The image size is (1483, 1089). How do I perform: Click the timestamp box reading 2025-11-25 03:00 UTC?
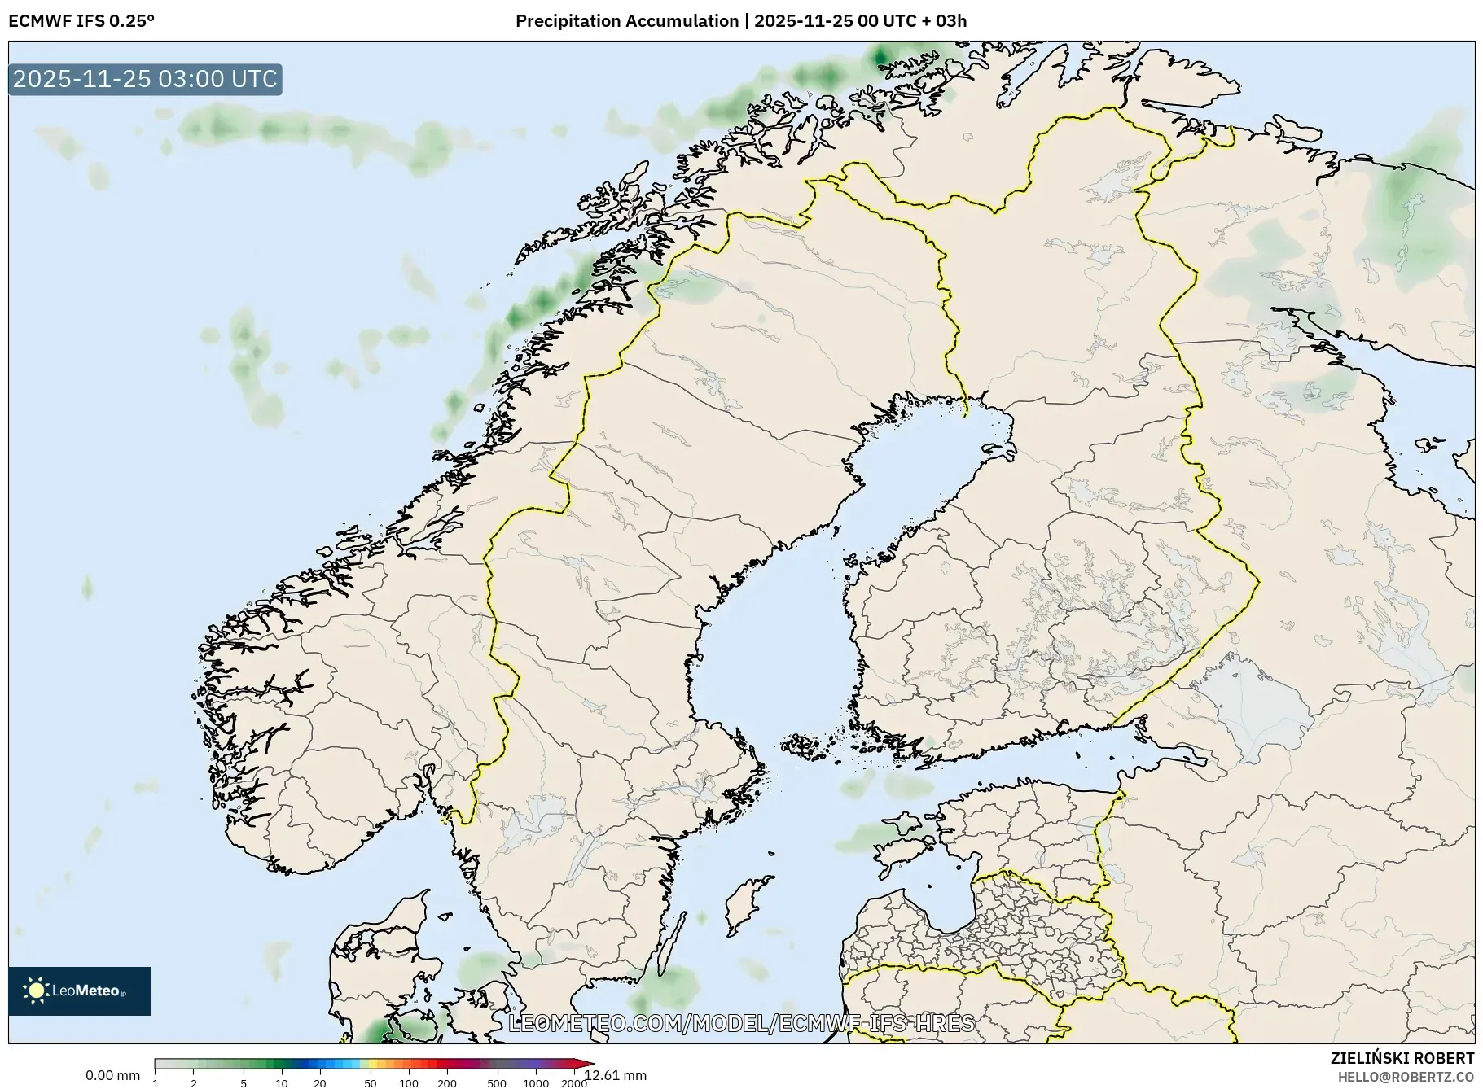[x=145, y=79]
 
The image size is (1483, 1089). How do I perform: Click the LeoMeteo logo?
[x=80, y=991]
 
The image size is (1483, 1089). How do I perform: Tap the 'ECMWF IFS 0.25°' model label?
[x=81, y=21]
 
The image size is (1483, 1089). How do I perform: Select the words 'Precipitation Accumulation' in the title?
[x=626, y=21]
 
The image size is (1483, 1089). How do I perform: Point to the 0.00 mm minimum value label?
[x=112, y=1076]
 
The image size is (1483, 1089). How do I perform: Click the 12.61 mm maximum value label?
[x=616, y=1076]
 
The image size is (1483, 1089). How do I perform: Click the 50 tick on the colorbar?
[x=371, y=1083]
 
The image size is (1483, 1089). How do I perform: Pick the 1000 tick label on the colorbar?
[x=535, y=1083]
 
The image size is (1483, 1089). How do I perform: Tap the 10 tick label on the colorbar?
[x=281, y=1083]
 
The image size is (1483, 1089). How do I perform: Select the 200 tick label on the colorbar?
[x=446, y=1083]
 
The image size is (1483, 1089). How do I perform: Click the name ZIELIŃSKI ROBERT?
[x=1402, y=1058]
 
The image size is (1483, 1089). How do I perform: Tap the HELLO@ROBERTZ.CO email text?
[x=1405, y=1077]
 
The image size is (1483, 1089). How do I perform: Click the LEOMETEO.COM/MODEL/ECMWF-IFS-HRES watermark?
[x=741, y=1023]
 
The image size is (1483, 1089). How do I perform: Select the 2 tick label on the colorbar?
[x=194, y=1083]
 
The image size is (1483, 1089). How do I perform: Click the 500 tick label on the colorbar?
[x=496, y=1083]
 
